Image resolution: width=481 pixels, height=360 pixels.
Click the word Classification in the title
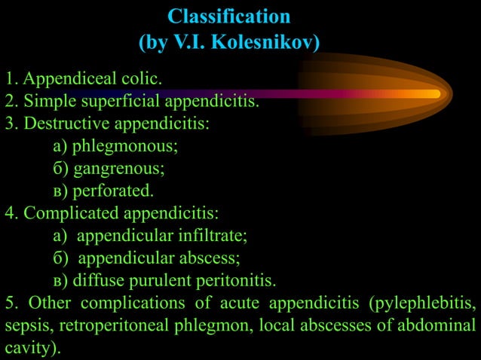point(228,16)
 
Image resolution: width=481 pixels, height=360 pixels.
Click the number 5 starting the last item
point(10,304)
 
